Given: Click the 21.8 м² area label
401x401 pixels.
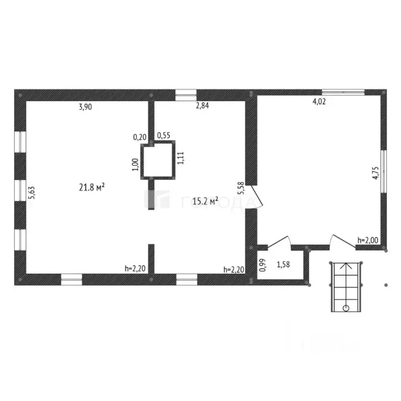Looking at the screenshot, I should (92, 187).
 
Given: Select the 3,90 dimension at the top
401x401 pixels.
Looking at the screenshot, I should (86, 108).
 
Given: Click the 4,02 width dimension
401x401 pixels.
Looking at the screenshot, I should (319, 102).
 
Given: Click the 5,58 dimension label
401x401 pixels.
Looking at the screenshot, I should (241, 187).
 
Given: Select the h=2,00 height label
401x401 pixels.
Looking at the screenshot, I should (368, 240).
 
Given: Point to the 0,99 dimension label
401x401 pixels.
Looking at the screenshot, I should (263, 265).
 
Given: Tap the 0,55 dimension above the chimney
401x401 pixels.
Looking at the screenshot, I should (163, 136).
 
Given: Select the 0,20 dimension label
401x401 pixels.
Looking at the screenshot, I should (139, 137).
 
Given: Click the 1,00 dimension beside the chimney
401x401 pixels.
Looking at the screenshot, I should (135, 164).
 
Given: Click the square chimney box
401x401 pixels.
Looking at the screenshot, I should (159, 160).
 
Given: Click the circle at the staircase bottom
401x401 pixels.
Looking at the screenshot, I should (346, 308).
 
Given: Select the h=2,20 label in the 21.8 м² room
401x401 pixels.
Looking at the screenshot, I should (135, 269).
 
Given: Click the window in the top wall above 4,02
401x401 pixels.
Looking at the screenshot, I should (343, 92).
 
